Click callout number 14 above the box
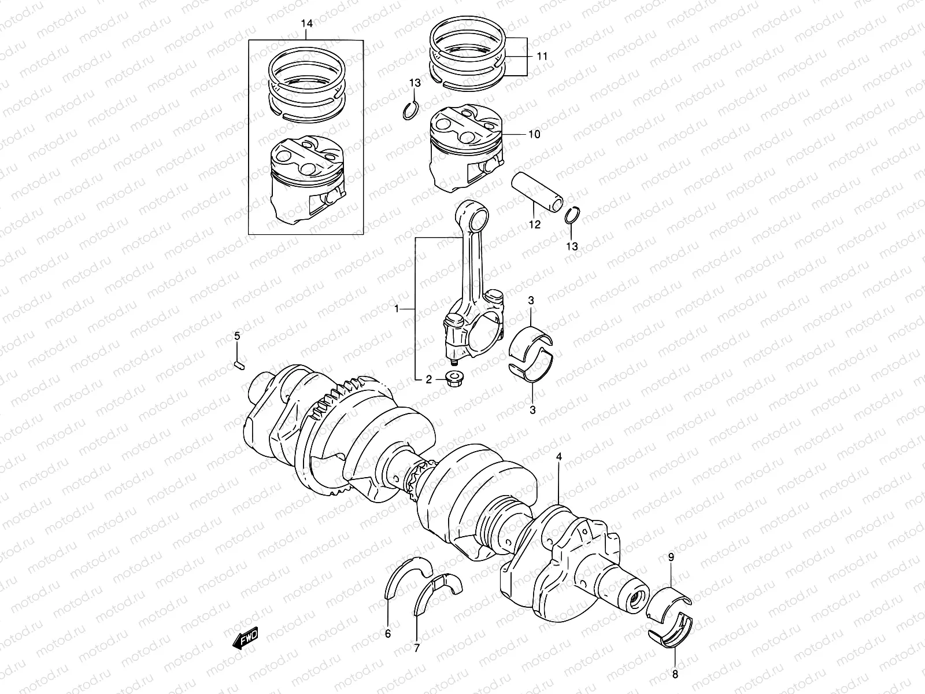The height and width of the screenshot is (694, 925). click(x=306, y=24)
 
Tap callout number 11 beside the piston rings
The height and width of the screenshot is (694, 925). click(x=542, y=56)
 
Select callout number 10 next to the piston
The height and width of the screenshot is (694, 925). click(x=534, y=134)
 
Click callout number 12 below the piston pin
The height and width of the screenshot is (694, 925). click(x=534, y=224)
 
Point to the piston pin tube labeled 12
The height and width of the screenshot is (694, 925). click(x=537, y=194)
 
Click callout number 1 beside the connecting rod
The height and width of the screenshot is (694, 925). click(x=397, y=309)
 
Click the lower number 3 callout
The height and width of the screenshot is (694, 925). click(x=532, y=409)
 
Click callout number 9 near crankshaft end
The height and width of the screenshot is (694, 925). click(x=671, y=558)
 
